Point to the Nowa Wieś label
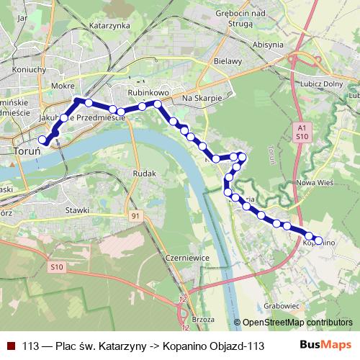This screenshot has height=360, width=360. (x=312, y=183)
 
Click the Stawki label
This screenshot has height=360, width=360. (x=76, y=210)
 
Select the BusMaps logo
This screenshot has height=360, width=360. (x=325, y=345)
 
